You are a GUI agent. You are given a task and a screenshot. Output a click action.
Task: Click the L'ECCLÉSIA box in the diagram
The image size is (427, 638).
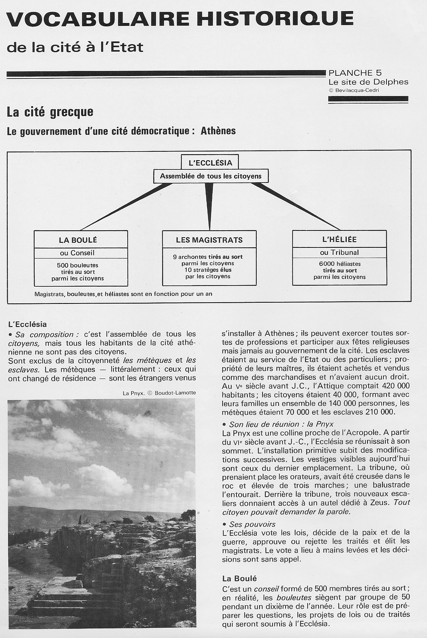pos(210,163)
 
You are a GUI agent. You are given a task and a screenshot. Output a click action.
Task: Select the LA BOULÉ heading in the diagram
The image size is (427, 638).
pos(78,240)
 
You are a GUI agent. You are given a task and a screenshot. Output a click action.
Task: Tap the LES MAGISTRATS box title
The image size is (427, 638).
pos(209,240)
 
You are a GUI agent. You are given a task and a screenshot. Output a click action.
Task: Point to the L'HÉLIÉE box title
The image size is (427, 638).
pos(339,239)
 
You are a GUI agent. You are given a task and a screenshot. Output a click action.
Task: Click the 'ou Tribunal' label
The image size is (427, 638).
pos(339,252)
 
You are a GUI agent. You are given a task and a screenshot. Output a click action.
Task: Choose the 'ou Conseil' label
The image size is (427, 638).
pos(77,253)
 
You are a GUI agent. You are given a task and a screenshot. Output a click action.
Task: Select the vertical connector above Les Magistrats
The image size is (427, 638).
pos(209,209)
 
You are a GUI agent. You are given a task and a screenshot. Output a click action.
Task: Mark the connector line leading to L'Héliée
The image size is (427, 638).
pos(298,207)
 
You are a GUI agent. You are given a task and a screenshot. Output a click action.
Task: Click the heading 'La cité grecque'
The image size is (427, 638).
pos(50,112)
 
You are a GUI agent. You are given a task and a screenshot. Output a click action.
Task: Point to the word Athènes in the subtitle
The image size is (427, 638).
pos(218,131)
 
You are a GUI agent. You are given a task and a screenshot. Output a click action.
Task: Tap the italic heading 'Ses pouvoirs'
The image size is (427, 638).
pos(252,524)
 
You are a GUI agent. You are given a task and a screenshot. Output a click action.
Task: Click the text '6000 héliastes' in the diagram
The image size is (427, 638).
pos(340,264)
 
